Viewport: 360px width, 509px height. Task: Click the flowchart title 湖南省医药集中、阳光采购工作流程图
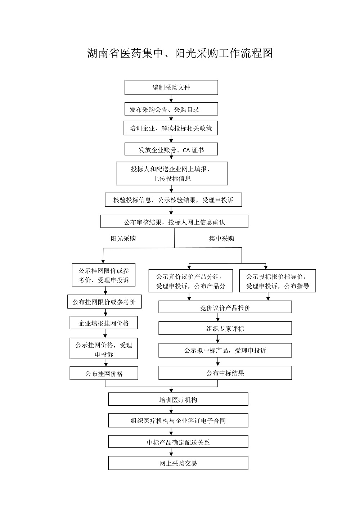(180, 53)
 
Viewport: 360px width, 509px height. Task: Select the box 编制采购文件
(171, 87)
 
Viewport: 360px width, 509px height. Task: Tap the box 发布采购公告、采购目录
(171, 109)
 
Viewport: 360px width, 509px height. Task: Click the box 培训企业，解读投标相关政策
(171, 128)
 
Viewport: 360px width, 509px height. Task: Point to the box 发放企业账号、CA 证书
(171, 149)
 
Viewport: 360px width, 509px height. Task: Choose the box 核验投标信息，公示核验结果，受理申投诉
(173, 200)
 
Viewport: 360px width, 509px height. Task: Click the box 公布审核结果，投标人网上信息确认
(174, 221)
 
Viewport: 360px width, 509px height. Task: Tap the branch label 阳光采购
(123, 238)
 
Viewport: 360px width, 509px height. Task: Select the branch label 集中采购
(222, 238)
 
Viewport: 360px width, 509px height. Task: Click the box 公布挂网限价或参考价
(104, 302)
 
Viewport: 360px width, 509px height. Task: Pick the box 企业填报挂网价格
(104, 323)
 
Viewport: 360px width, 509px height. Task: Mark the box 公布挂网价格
(104, 373)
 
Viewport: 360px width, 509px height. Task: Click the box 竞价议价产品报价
(225, 307)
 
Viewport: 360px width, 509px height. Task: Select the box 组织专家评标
(225, 328)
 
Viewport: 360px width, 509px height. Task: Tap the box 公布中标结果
(225, 373)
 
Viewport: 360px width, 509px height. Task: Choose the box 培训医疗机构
(178, 399)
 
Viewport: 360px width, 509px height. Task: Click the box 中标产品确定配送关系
(178, 442)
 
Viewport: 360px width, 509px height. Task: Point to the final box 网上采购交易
(178, 463)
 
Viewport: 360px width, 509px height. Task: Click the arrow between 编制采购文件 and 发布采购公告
(171, 99)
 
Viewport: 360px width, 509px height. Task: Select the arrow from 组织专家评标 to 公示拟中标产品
(218, 339)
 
